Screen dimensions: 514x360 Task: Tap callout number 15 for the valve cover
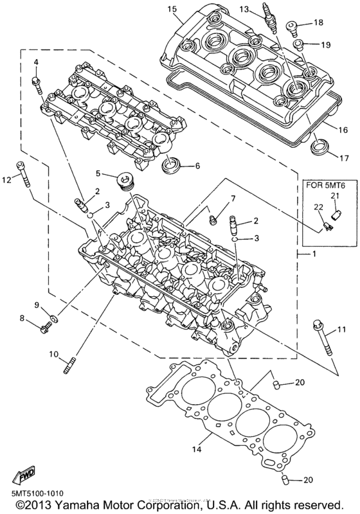(x=172, y=9)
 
